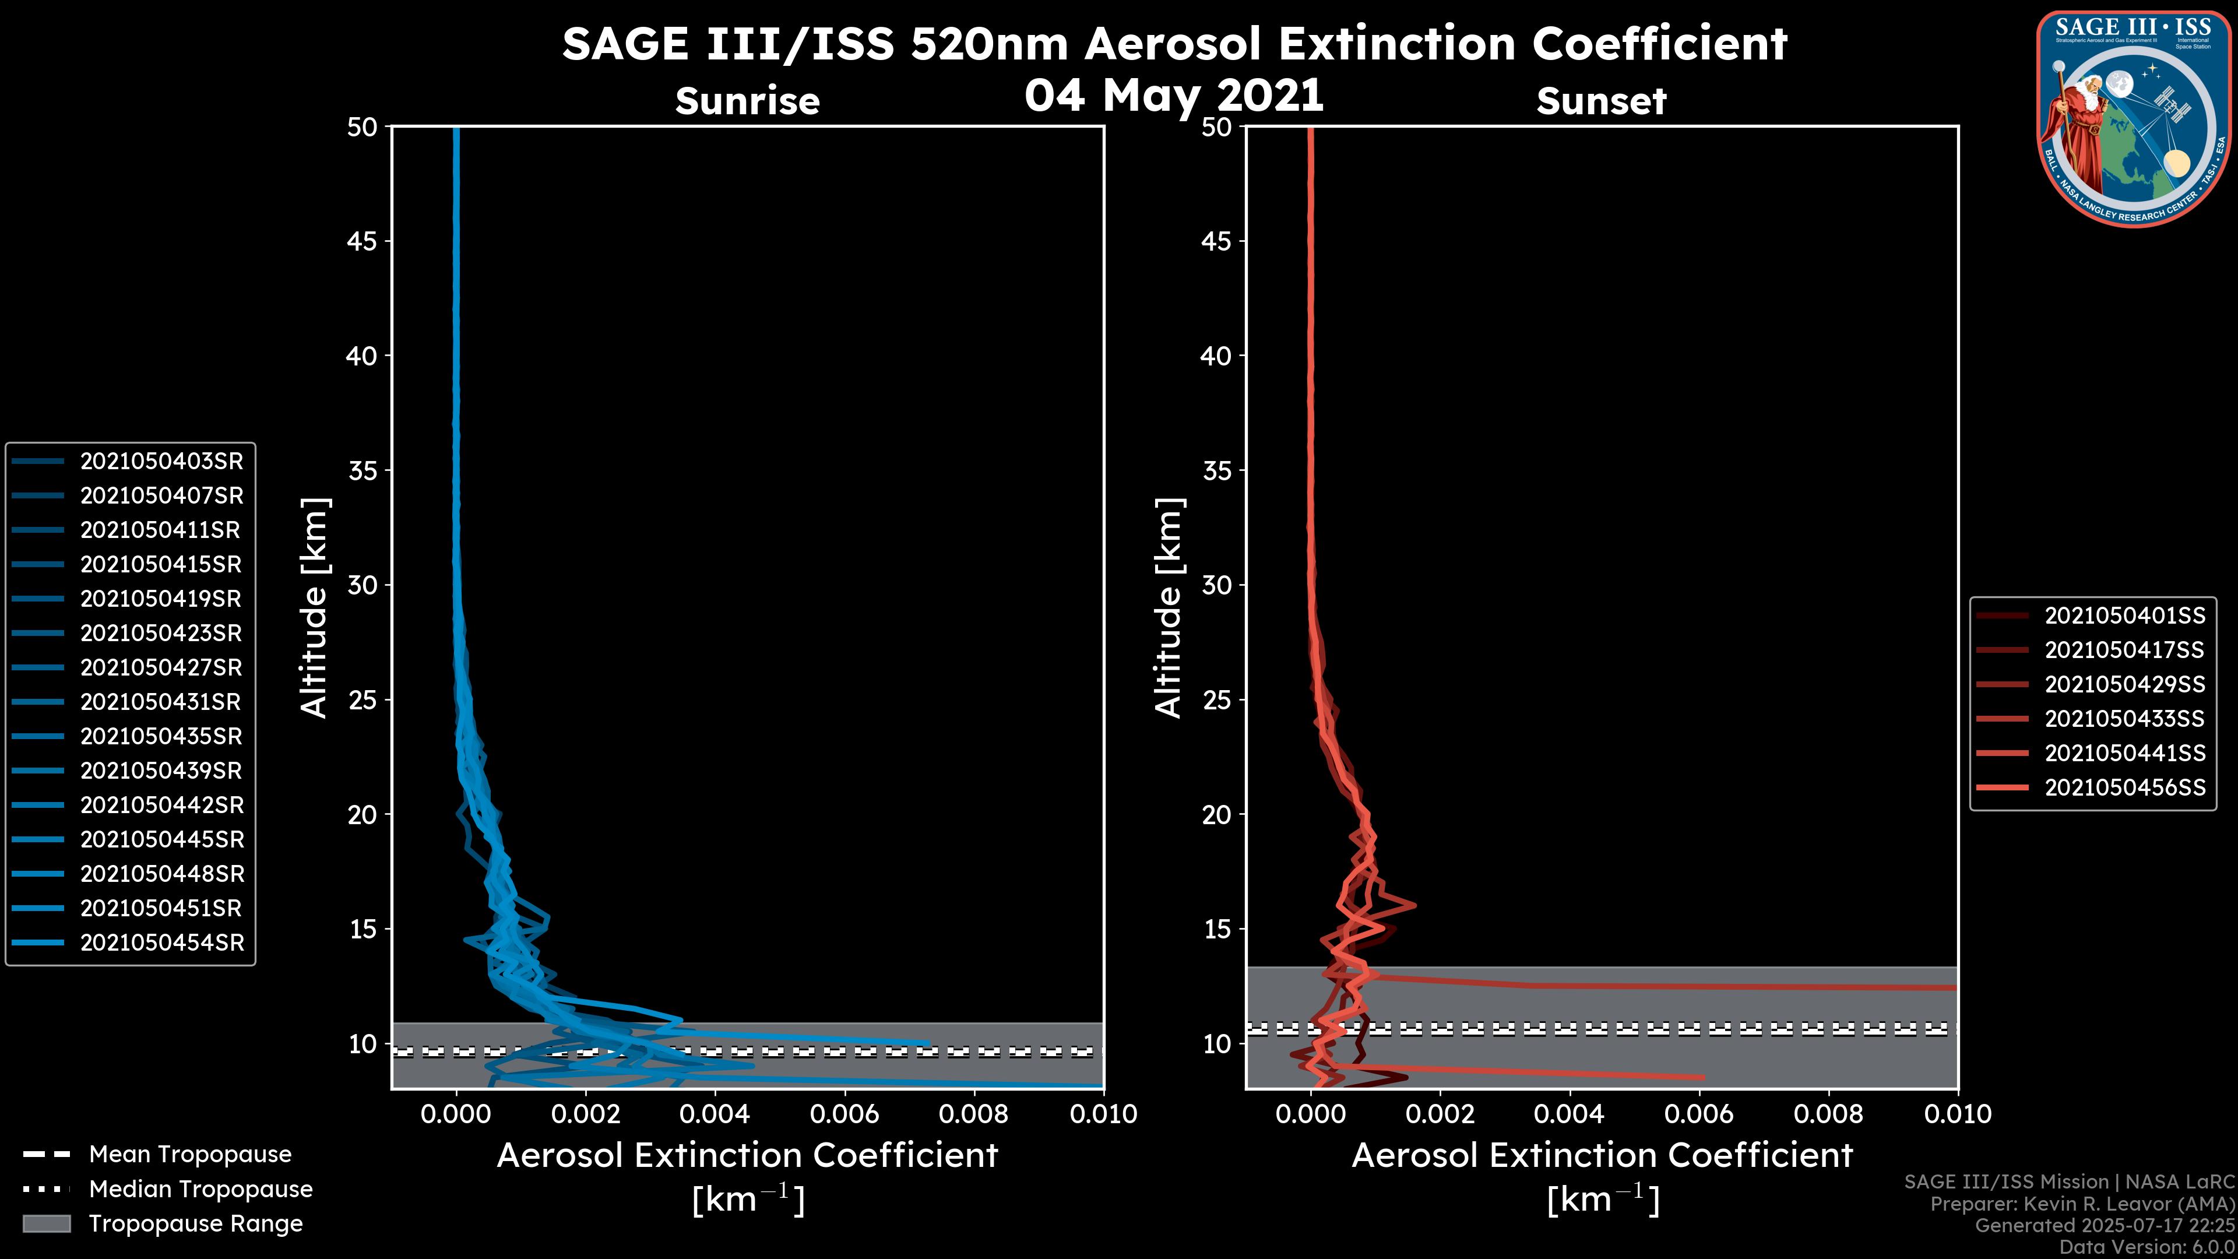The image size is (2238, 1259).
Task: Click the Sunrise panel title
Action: pyautogui.click(x=747, y=101)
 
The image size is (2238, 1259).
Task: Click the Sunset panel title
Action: pyautogui.click(x=1601, y=101)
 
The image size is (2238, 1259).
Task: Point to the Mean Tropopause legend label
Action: pyautogui.click(x=190, y=1155)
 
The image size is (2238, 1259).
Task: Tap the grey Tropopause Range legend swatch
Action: pyautogui.click(x=46, y=1224)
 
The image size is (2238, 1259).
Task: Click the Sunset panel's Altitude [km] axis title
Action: pyautogui.click(x=1169, y=608)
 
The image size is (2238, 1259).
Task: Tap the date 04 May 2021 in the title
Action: pyautogui.click(x=1174, y=96)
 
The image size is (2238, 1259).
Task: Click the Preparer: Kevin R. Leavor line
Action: pyautogui.click(x=2082, y=1204)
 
